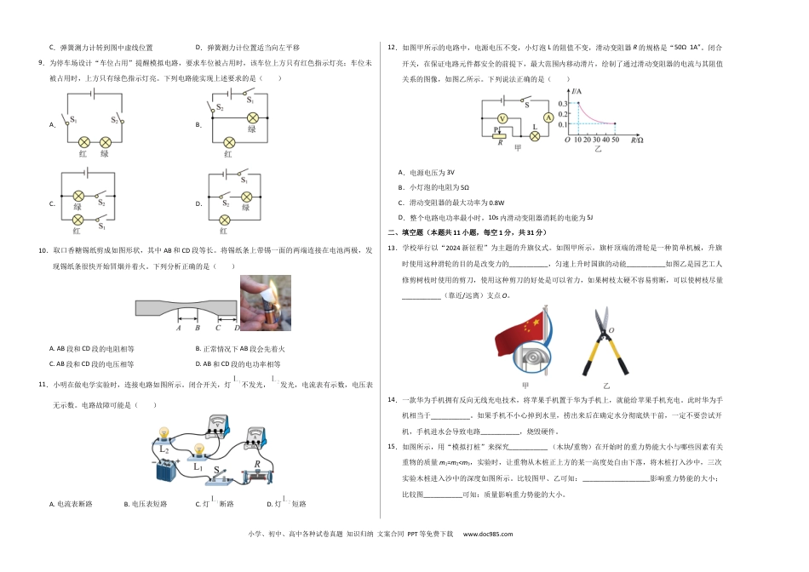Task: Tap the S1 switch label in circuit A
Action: point(73,119)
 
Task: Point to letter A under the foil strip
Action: point(179,327)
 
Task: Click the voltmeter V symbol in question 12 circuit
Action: point(502,117)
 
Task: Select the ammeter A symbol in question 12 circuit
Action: point(549,117)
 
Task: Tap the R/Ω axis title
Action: point(636,139)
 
